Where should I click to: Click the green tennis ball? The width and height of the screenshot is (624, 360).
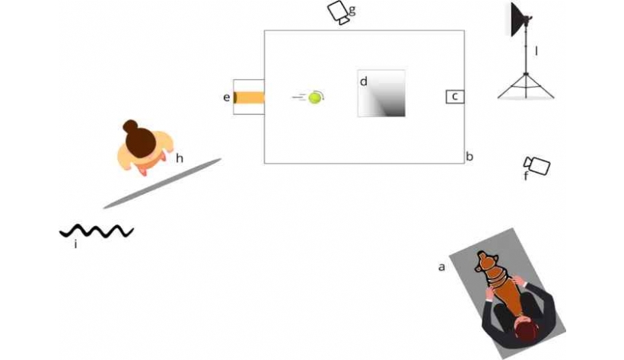pyautogui.click(x=314, y=97)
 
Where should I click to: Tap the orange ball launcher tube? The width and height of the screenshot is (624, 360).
pyautogui.click(x=249, y=97)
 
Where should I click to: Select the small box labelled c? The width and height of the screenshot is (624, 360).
pyautogui.click(x=455, y=97)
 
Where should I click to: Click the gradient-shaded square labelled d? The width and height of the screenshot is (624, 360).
pyautogui.click(x=381, y=94)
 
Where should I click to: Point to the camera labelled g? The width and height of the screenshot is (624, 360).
pyautogui.click(x=339, y=12)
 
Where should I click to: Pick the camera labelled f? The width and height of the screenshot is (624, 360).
pyautogui.click(x=537, y=165)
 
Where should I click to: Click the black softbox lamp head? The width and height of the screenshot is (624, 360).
pyautogui.click(x=519, y=19)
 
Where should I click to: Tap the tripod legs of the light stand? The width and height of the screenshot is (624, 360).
pyautogui.click(x=526, y=86)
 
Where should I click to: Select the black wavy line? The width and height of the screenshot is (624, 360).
pyautogui.click(x=97, y=231)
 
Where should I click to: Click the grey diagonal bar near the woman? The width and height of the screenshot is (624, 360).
pyautogui.click(x=162, y=183)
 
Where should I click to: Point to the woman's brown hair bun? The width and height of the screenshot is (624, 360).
pyautogui.click(x=130, y=126)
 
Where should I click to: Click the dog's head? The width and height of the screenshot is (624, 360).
pyautogui.click(x=486, y=262)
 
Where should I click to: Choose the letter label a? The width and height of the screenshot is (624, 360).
pyautogui.click(x=441, y=267)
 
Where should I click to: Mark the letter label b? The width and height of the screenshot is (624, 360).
pyautogui.click(x=470, y=157)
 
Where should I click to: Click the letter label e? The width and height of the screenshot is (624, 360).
pyautogui.click(x=227, y=97)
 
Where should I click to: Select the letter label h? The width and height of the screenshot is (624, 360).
pyautogui.click(x=180, y=158)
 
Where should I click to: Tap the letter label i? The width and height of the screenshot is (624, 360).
pyautogui.click(x=75, y=244)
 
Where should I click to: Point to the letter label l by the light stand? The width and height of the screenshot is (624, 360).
pyautogui.click(x=536, y=51)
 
